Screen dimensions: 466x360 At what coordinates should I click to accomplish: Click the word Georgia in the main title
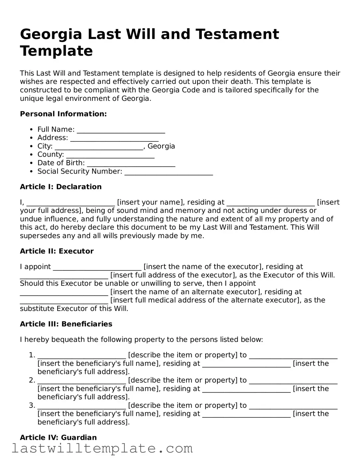(x=51, y=35)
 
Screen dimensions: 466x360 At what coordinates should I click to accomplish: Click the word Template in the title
(x=56, y=51)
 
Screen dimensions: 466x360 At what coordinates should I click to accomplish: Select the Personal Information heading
(x=63, y=114)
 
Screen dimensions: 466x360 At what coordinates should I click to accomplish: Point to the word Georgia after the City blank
(x=161, y=146)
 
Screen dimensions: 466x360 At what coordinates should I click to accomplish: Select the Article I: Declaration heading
(x=60, y=187)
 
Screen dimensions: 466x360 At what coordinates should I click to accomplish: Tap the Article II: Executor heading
(x=57, y=251)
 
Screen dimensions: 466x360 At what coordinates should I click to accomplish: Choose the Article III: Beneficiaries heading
(x=66, y=324)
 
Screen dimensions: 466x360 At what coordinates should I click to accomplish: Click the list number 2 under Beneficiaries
(x=32, y=380)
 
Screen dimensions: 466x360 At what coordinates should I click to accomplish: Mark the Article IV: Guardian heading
(x=58, y=438)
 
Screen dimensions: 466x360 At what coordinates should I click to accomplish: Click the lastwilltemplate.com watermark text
(x=102, y=449)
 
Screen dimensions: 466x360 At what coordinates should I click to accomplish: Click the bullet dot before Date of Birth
(x=31, y=163)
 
